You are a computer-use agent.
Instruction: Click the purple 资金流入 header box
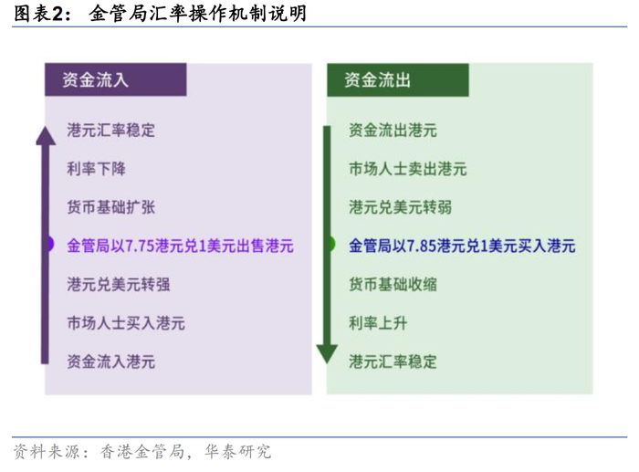point(115,79)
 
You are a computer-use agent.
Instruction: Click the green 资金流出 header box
point(398,79)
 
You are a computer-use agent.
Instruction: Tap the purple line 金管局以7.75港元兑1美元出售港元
point(181,245)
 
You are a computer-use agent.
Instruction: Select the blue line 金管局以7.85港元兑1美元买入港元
point(462,245)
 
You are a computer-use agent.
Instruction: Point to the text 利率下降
point(97,168)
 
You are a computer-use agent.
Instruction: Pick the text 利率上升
point(378,321)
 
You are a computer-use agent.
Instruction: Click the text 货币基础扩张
point(111,206)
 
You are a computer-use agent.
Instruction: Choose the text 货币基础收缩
point(393,283)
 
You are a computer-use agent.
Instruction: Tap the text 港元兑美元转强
point(119,283)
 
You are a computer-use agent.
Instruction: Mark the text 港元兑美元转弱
point(400,206)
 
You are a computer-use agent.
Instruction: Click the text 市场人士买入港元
point(126,322)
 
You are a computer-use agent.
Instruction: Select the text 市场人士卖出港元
point(407,168)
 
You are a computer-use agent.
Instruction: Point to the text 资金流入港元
point(111,361)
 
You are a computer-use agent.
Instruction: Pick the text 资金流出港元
point(393,130)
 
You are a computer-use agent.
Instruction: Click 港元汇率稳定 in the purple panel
point(111,130)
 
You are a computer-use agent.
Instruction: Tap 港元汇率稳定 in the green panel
point(393,361)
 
